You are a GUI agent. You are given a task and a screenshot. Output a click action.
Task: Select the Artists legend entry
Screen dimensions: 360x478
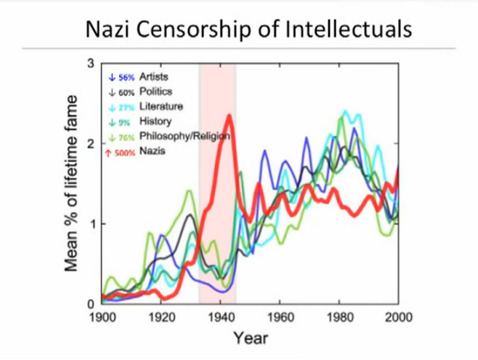pyautogui.click(x=154, y=77)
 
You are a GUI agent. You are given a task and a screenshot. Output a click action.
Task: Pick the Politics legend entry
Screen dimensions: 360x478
pyautogui.click(x=155, y=91)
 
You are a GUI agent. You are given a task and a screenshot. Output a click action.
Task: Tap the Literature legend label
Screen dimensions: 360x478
pyautogui.click(x=161, y=106)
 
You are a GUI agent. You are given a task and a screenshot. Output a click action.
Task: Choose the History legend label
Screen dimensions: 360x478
pyautogui.click(x=155, y=121)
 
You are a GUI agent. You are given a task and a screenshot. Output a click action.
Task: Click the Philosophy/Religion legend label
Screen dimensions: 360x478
pyautogui.click(x=185, y=136)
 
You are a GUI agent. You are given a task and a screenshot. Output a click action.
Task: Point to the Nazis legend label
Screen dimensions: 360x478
pyautogui.click(x=152, y=152)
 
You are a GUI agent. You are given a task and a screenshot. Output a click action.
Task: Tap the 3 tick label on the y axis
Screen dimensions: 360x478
pyautogui.click(x=91, y=64)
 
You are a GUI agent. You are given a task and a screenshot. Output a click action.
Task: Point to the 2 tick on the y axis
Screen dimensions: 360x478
pyautogui.click(x=91, y=144)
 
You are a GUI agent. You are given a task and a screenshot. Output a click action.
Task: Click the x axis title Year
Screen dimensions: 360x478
pyautogui.click(x=250, y=338)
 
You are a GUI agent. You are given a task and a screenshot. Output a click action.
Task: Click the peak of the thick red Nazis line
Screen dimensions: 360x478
pyautogui.click(x=229, y=116)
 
